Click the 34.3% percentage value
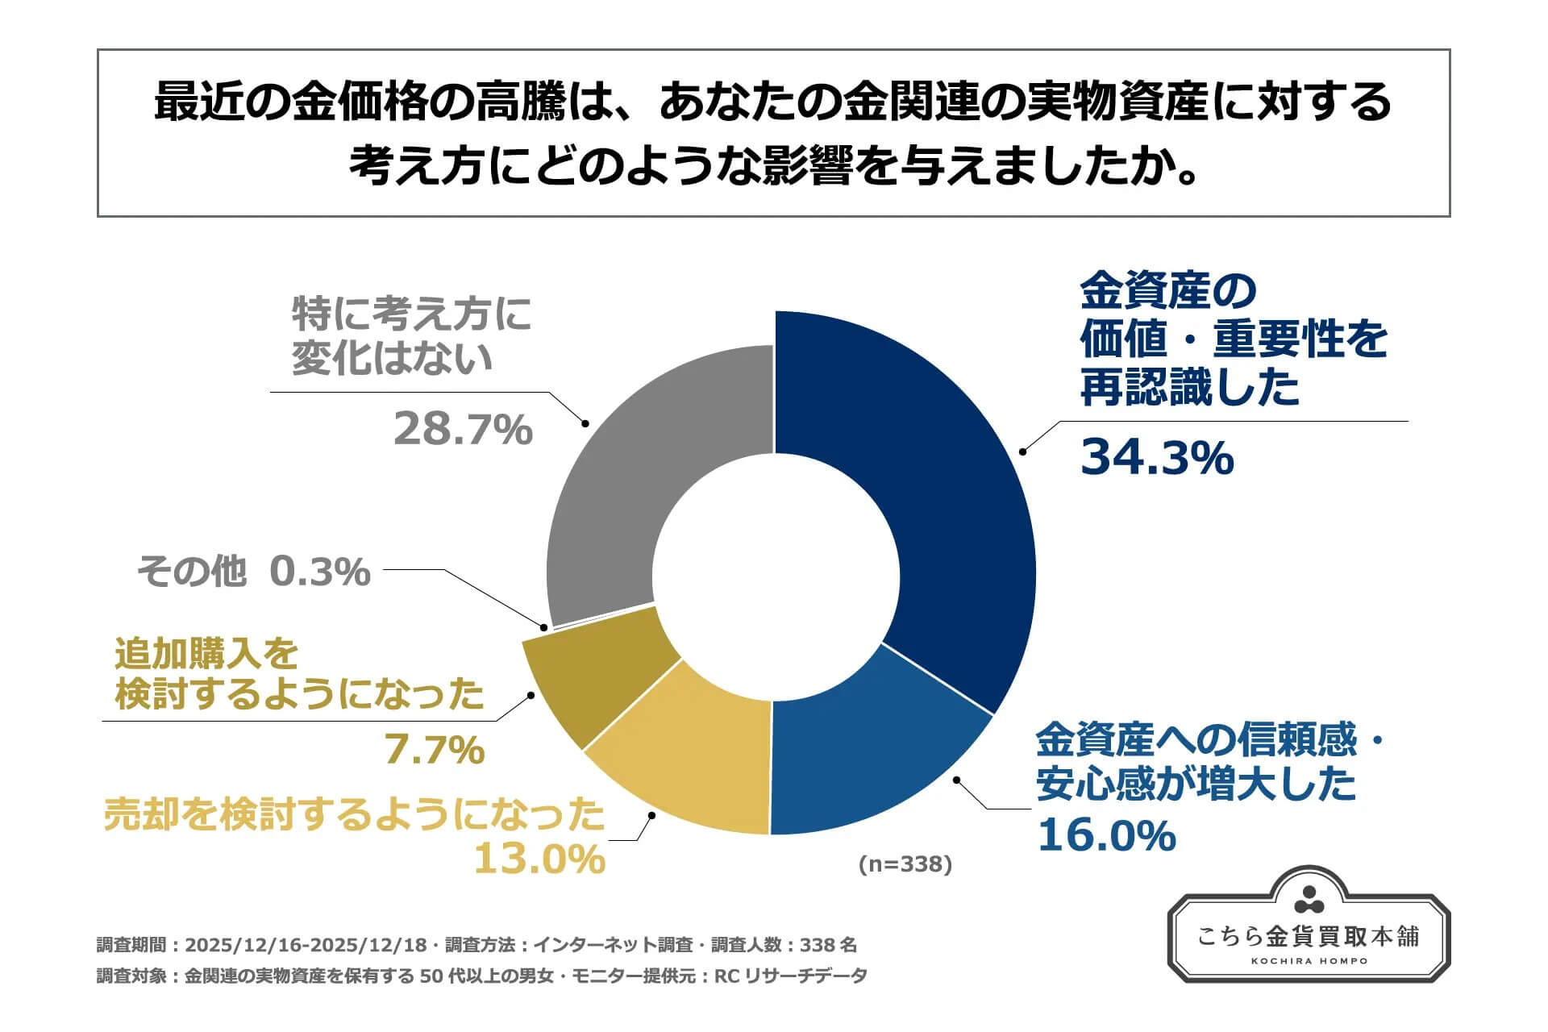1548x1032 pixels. [1156, 457]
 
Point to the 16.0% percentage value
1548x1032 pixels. [1105, 835]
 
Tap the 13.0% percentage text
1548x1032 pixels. [539, 859]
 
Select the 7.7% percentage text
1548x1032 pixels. [434, 751]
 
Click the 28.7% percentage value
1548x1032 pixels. [463, 429]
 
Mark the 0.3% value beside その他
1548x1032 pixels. [319, 572]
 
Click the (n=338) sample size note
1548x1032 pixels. [905, 864]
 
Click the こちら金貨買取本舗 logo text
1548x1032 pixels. [1309, 936]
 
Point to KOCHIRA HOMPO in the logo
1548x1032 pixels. [1309, 961]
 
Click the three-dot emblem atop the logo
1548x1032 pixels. [1309, 901]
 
